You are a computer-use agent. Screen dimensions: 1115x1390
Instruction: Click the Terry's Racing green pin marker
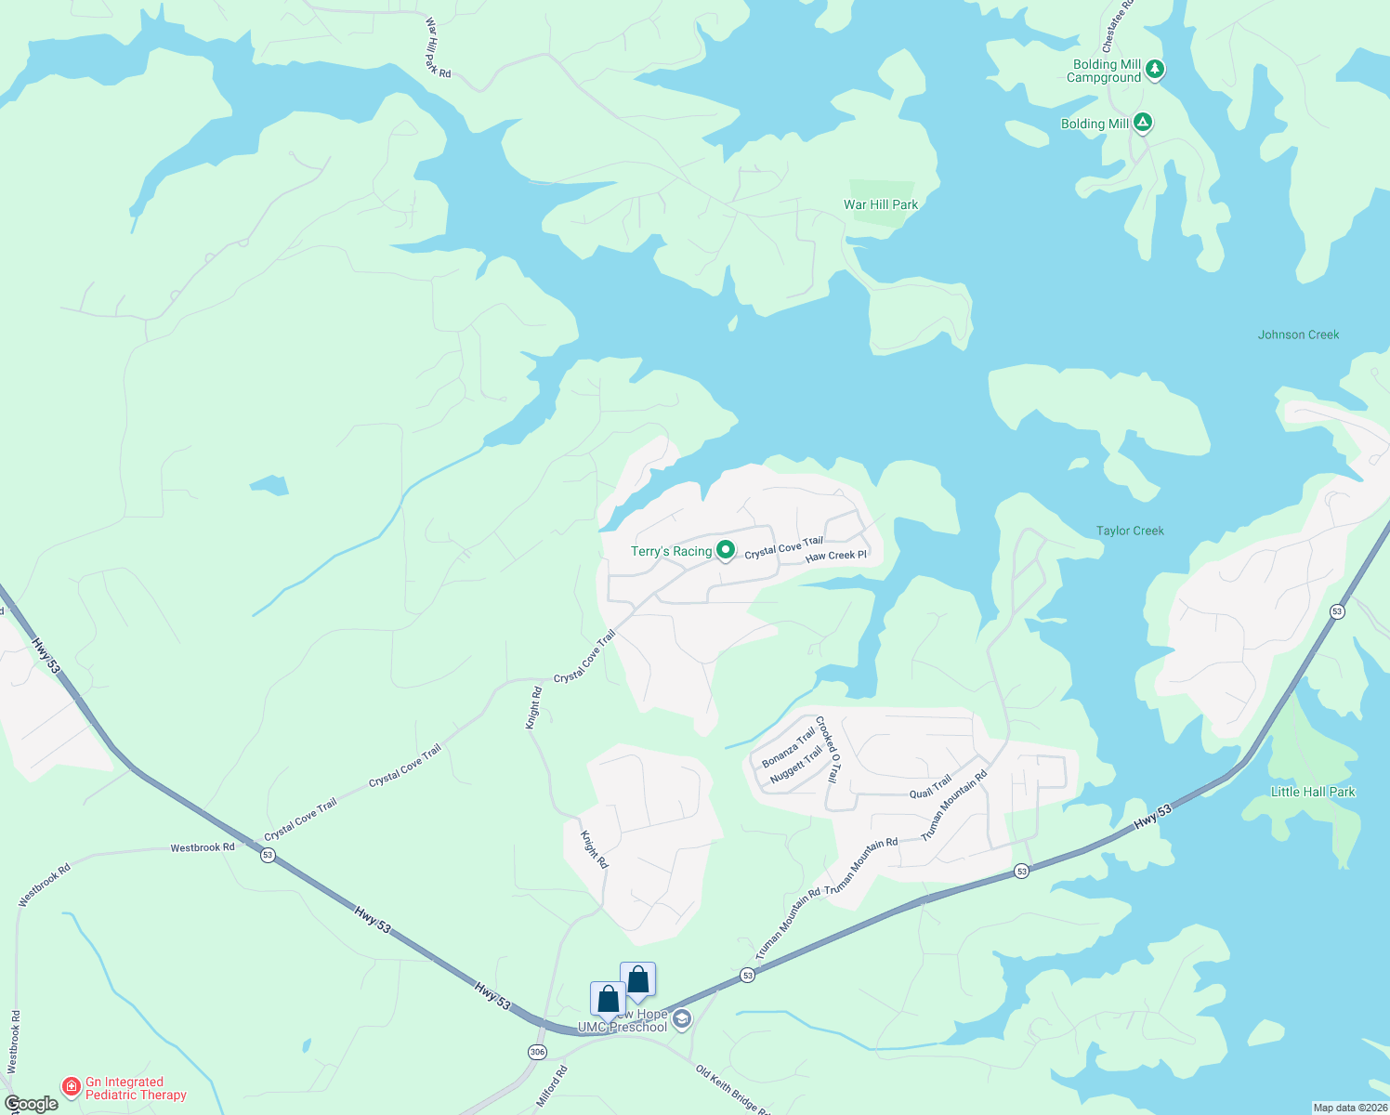725,550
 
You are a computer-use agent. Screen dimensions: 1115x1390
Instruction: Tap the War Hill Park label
880,204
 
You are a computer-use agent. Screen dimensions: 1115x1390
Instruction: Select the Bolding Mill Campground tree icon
1154,69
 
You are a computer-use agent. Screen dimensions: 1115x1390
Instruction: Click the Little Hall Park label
1312,792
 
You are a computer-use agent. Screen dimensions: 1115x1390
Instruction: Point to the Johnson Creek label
1298,334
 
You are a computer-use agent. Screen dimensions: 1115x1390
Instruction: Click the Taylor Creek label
1130,531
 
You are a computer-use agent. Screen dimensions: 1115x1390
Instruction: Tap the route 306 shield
537,1052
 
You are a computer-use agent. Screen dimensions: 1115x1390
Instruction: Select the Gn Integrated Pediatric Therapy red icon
71,1086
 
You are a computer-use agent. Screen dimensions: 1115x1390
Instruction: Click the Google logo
31,1104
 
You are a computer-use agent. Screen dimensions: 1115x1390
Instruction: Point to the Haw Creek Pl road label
835,556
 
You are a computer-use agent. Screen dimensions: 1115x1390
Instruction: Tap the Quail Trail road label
930,786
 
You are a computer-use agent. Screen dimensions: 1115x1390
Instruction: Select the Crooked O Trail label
827,750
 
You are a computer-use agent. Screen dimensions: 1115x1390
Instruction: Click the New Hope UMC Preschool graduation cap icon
682,1020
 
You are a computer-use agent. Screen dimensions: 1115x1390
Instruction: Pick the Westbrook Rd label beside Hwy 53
202,847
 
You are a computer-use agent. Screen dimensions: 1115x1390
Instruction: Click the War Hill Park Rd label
437,47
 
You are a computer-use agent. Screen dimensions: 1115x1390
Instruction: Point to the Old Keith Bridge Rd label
732,1090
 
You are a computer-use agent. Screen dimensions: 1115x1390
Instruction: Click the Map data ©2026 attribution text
1349,1108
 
